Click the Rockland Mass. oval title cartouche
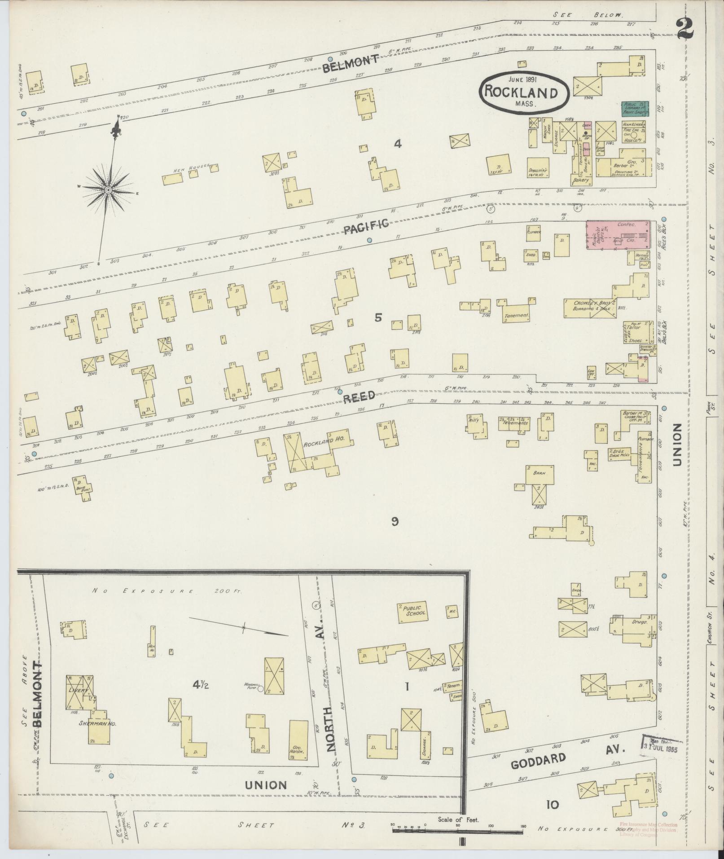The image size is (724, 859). [x=524, y=91]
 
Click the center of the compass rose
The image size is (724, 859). [x=108, y=191]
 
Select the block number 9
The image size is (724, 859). [x=395, y=521]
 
